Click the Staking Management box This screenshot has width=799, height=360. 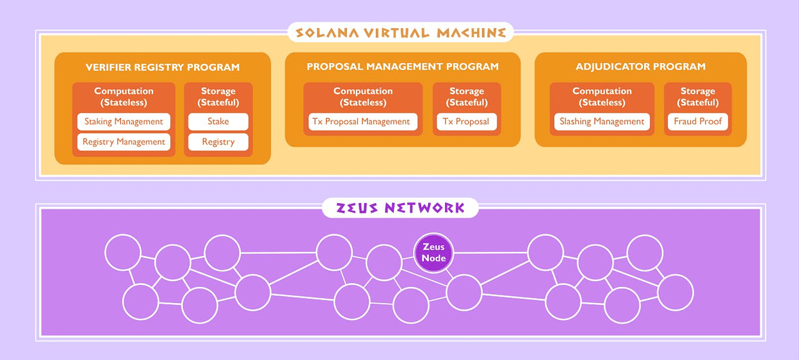124,122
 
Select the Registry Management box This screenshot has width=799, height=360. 124,142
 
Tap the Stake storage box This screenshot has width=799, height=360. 218,122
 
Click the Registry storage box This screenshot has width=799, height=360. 218,142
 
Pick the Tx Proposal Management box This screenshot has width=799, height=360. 362,122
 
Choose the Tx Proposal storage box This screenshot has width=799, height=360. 466,122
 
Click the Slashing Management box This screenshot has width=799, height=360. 602,122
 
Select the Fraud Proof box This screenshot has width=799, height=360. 697,122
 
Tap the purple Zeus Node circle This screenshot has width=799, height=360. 433,252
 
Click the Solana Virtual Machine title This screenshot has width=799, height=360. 400,33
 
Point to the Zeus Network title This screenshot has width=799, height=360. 400,208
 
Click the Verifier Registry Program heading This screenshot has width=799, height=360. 163,67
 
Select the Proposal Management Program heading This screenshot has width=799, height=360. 402,67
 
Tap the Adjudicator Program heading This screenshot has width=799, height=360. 640,67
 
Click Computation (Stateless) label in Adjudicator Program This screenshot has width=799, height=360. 602,97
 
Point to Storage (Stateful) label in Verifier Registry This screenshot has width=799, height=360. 218,97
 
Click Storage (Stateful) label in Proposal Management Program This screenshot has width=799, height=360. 467,97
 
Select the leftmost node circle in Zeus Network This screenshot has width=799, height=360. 122,252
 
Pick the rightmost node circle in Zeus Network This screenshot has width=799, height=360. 675,292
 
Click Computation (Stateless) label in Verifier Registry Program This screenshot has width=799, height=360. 124,97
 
